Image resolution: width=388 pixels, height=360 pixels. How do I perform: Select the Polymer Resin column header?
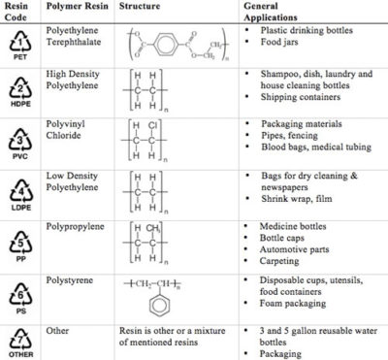(x=76, y=6)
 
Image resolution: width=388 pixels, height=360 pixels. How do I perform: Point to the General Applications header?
(x=281, y=12)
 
